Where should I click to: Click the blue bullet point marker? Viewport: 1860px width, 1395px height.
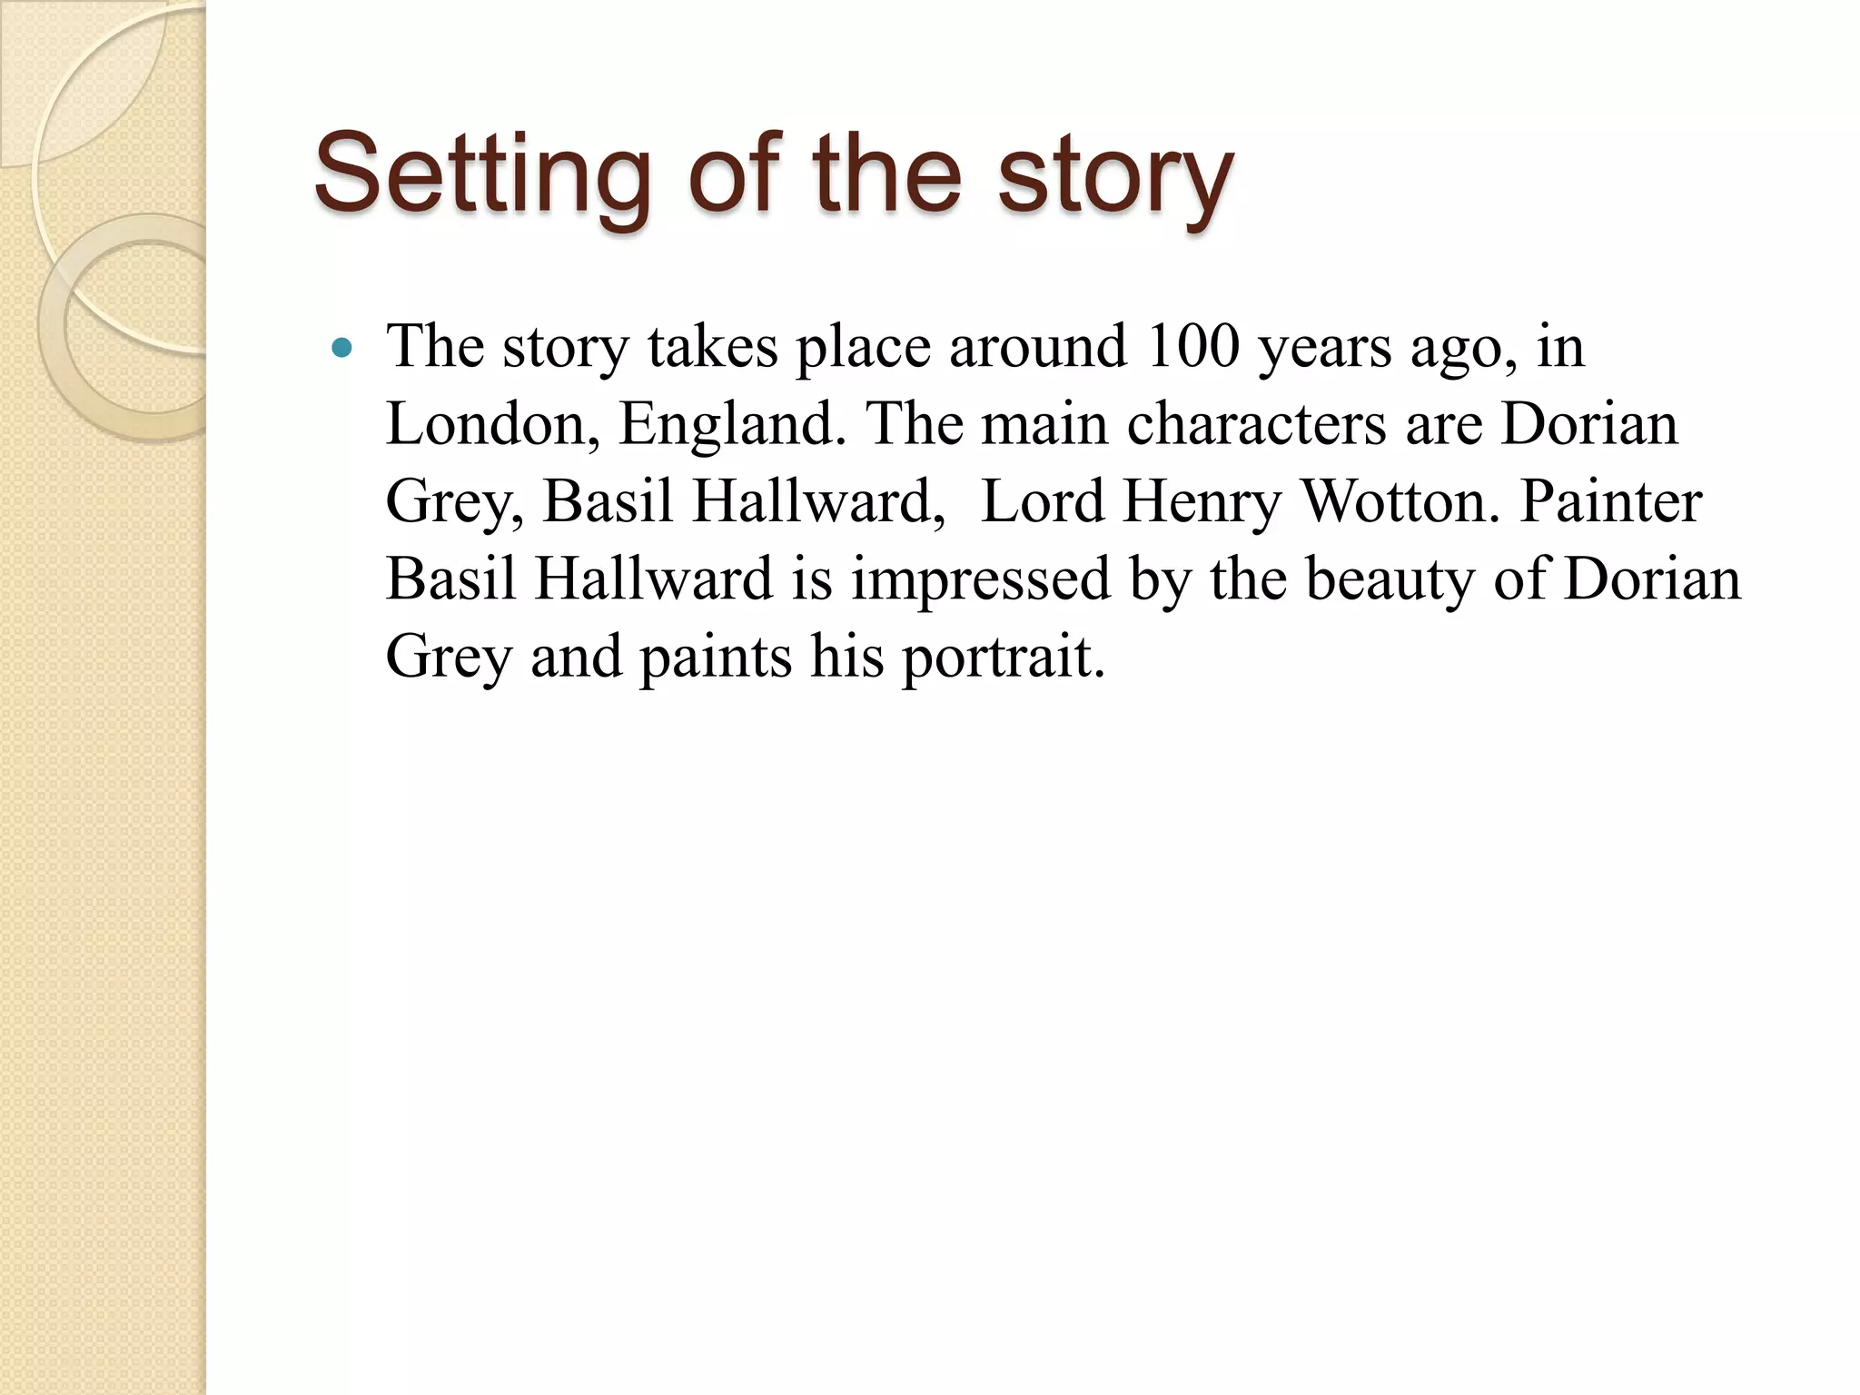[342, 347]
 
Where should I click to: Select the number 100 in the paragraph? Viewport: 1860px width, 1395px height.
[1192, 347]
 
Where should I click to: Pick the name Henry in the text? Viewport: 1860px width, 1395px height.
[1202, 502]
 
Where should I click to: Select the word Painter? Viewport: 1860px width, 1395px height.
[1610, 502]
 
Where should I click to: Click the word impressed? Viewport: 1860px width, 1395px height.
[981, 579]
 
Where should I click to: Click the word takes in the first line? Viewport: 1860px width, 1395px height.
[713, 347]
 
